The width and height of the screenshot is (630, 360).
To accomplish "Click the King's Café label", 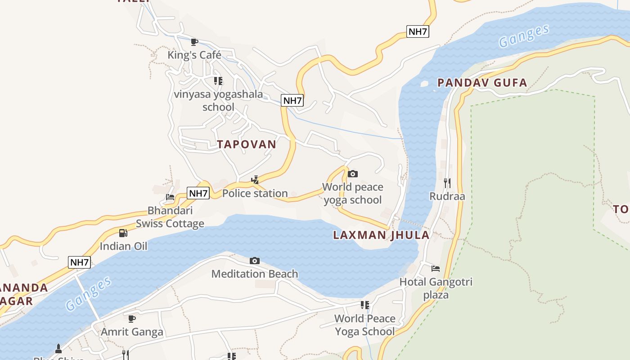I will click(194, 55).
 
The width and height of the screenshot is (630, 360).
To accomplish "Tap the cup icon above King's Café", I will click(194, 42).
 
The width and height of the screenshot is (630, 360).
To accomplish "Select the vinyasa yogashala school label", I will click(218, 101).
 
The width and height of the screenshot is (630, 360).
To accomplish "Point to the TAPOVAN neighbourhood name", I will click(247, 144).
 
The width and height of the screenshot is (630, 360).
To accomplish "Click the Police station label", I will click(255, 193).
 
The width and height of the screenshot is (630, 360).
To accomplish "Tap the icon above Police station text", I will click(255, 180).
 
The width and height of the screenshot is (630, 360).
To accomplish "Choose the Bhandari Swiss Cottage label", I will click(170, 217).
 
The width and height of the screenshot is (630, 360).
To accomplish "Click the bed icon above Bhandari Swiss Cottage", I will click(170, 197).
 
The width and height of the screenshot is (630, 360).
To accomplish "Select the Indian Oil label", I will click(123, 246).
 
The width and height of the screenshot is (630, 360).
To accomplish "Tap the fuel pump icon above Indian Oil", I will click(123, 233).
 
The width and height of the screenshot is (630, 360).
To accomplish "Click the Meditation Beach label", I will click(255, 274).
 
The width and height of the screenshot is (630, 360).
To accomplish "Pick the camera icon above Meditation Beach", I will click(255, 261).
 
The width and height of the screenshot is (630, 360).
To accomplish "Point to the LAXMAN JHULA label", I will click(381, 235).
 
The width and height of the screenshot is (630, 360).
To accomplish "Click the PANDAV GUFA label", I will click(482, 82).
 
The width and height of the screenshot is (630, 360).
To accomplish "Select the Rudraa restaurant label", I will click(447, 196).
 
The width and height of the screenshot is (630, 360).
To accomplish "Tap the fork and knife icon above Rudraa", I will click(447, 183).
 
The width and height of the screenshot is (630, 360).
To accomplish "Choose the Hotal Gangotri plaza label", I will click(436, 288).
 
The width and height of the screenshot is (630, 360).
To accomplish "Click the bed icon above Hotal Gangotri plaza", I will click(436, 269).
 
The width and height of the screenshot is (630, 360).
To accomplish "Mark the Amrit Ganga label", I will click(132, 332).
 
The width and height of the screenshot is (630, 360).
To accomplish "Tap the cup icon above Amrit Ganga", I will click(132, 319).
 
